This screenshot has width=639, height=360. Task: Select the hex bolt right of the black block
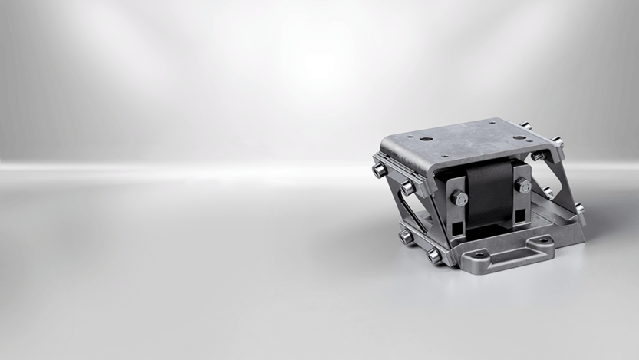coord(523,185)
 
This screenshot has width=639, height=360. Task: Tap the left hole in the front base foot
coord(478,254)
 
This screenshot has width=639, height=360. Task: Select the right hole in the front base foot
coord(545,240)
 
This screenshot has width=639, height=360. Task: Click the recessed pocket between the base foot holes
coord(512,248)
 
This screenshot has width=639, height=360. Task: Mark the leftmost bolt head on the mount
coord(379,170)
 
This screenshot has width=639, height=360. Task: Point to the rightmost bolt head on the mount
coord(579,207)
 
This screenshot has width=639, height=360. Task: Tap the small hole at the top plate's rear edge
coord(491,122)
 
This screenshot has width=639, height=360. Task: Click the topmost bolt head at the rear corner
coord(525,126)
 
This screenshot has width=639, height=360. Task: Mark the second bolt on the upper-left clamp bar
coord(408,187)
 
